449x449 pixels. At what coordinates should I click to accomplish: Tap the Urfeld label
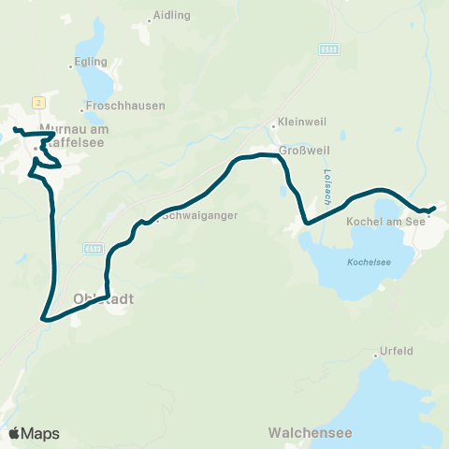click(x=397, y=352)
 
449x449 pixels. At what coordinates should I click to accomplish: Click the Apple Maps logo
click(x=34, y=433)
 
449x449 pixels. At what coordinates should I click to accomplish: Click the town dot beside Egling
click(x=72, y=66)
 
